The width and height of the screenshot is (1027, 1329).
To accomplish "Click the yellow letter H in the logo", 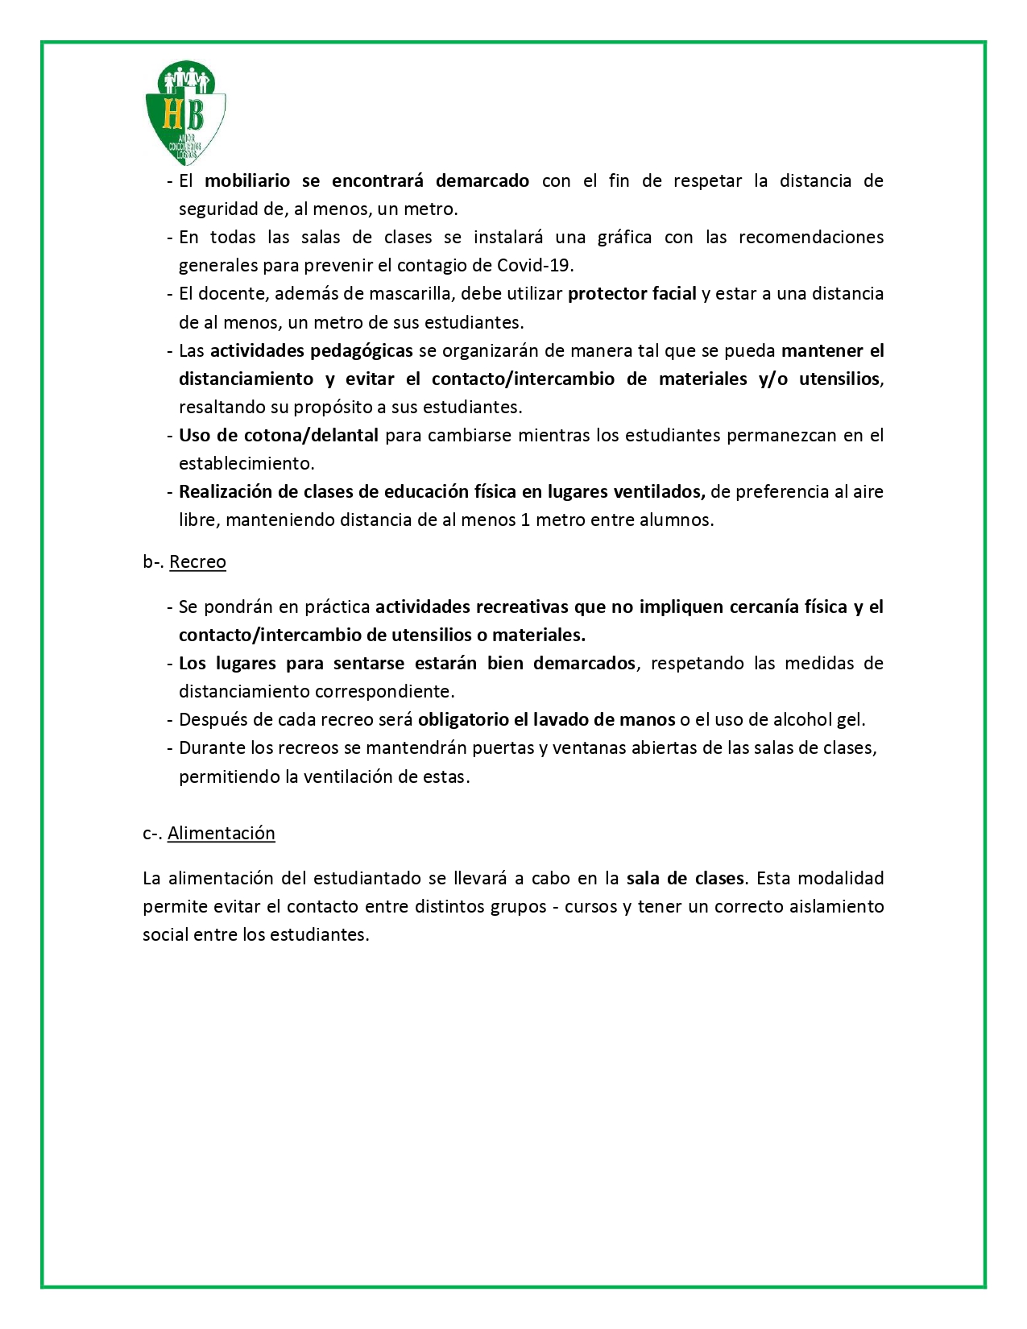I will coord(172,114).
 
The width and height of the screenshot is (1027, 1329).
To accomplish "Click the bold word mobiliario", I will coord(247,181).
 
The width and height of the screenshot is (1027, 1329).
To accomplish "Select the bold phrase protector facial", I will coord(632,294).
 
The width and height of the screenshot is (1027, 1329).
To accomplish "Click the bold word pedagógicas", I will coord(362,351).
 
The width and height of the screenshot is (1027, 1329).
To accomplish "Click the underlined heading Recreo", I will coord(197,562).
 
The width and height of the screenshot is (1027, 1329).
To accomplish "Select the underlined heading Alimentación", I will coord(222,834).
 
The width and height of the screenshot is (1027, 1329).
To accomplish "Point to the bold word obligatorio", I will coord(463,720).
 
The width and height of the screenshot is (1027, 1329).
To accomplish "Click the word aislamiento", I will coord(838,907).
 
